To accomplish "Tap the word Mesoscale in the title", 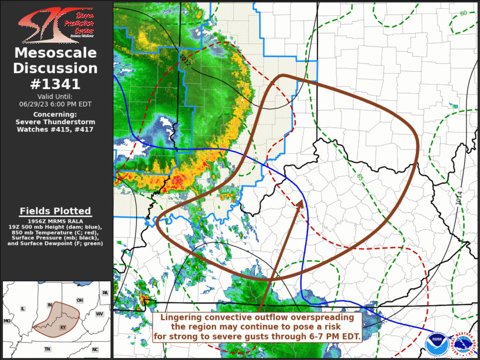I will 55,53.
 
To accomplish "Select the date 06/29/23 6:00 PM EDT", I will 55,103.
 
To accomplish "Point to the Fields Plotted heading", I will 55,211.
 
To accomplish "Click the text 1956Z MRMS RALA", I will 55,220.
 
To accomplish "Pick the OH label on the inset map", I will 79,300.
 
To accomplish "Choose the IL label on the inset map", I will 23,308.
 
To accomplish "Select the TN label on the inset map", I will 47,349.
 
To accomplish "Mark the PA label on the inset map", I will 105,293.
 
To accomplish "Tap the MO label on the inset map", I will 7,321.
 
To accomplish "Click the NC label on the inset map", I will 94,349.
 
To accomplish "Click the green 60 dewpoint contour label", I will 464,13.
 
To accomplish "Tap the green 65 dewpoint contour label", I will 360,176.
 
